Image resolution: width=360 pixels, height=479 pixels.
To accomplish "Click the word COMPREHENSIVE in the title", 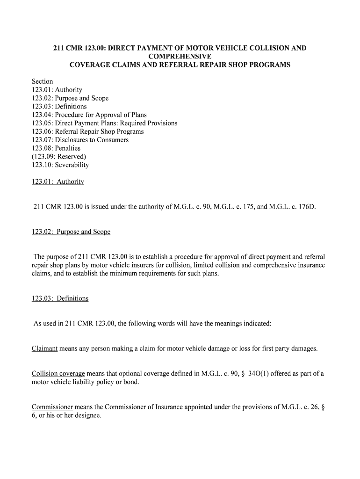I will (180, 56).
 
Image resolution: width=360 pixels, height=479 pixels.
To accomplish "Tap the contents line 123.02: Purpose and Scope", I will (70, 98).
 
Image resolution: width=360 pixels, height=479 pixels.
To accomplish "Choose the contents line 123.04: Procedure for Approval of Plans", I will (89, 115).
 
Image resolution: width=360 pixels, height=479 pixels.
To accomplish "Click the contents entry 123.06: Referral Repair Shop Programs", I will (88, 131).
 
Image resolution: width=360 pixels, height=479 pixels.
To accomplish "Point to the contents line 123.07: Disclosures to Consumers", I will (80, 140).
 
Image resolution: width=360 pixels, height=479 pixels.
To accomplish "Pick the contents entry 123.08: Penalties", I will (56, 148).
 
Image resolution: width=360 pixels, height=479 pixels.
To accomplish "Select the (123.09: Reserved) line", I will (59, 157).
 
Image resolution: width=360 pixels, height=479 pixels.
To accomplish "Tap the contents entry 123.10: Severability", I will (60, 165).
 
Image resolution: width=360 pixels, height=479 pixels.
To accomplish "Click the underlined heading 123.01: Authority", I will (58, 181).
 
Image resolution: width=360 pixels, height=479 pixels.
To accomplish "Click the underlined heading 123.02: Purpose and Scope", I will (71, 232).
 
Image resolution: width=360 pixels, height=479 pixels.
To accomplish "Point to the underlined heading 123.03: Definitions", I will (60, 298).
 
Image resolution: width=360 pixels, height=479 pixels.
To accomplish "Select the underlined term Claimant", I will (45, 348).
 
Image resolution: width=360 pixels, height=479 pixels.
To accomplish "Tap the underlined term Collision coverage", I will (58, 374).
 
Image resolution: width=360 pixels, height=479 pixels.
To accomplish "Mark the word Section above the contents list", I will (43, 81).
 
